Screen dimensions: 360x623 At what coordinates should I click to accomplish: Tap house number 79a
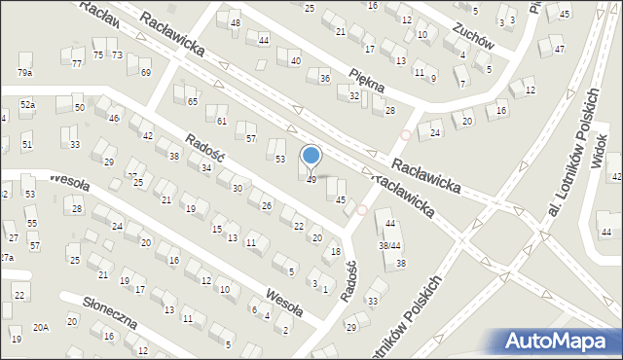pos(24,73)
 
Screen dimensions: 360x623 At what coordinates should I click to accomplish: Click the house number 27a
pos(6,258)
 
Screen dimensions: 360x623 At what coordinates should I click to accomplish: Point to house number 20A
pos(40,328)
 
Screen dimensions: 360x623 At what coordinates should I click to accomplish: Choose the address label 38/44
pos(389,245)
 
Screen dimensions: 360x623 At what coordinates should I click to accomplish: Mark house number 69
pos(145,73)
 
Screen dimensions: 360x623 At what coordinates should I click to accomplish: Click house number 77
pos(77,64)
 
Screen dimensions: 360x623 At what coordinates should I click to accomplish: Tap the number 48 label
pos(235,22)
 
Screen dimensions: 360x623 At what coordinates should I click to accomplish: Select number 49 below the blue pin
pos(311,180)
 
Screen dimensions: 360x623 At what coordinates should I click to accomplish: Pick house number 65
pos(193,102)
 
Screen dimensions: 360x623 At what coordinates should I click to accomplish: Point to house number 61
pos(222,122)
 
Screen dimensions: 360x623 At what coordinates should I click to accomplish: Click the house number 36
pos(325,79)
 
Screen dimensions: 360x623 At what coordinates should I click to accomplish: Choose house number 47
pos(558,50)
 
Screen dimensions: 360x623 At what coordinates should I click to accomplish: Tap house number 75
pos(98,55)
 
